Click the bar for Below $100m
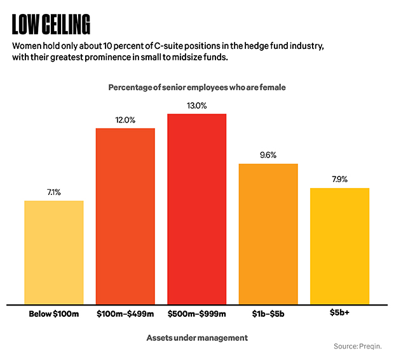pyautogui.click(x=54, y=252)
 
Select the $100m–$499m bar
pyautogui.click(x=125, y=216)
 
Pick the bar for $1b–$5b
pyautogui.click(x=268, y=234)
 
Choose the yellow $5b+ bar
pyautogui.click(x=339, y=246)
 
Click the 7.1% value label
pyautogui.click(x=54, y=192)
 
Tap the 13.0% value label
pyautogui.click(x=197, y=105)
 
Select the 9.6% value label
pyautogui.click(x=268, y=155)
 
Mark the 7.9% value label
pyautogui.click(x=339, y=180)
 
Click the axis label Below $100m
pyautogui.click(x=54, y=314)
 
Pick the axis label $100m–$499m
pyautogui.click(x=125, y=314)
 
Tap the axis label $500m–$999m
pyautogui.click(x=197, y=314)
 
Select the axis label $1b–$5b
pyautogui.click(x=268, y=314)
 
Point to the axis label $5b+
pyautogui.click(x=339, y=314)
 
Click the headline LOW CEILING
pyautogui.click(x=51, y=24)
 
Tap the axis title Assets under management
pyautogui.click(x=197, y=338)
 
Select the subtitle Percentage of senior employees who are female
pyautogui.click(x=197, y=87)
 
